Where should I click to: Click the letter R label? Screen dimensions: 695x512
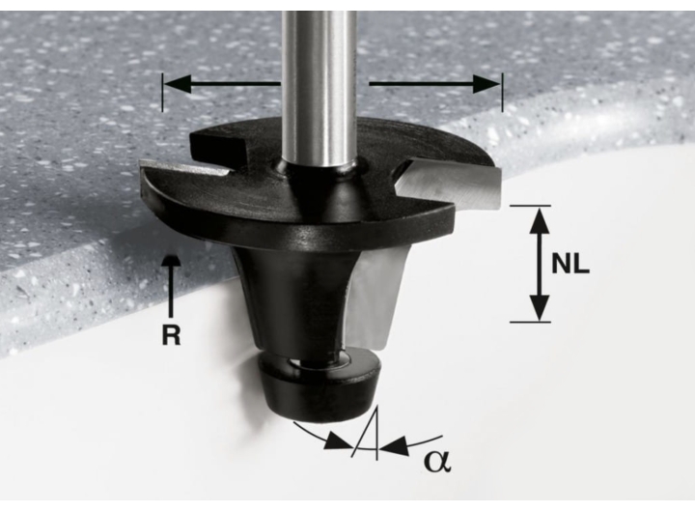tap(172, 335)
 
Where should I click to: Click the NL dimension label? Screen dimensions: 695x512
tap(570, 264)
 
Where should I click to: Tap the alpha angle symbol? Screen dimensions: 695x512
tap(437, 461)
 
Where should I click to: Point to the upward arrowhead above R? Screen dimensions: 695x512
tap(172, 261)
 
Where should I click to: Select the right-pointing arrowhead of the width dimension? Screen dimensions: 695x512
tap(486, 84)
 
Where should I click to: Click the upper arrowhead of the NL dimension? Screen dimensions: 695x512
tap(539, 220)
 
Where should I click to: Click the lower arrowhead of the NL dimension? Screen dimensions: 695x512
tap(539, 307)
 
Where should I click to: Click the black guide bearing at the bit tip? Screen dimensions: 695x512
tap(319, 384)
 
